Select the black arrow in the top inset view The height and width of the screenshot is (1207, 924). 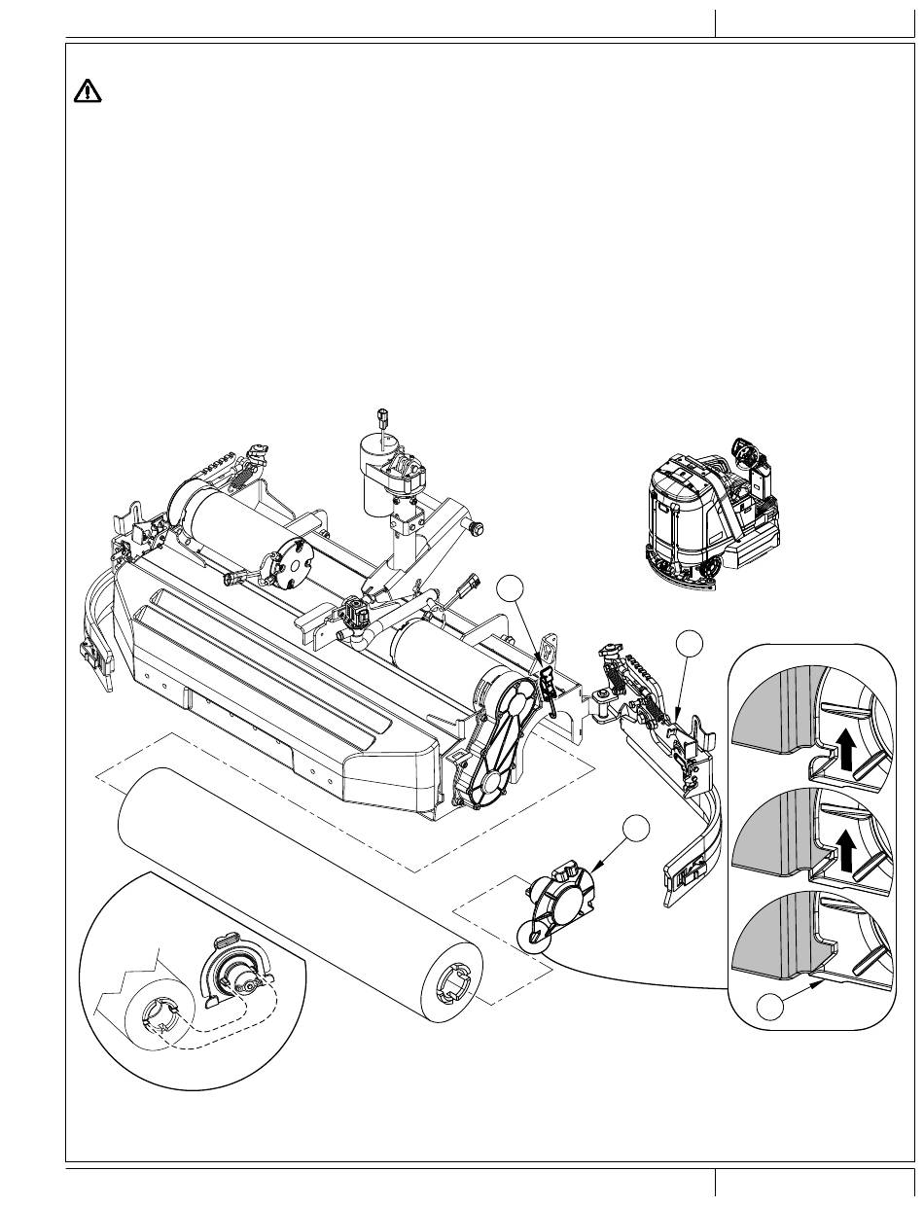click(x=845, y=750)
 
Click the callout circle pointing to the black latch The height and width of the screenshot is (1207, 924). click(x=509, y=589)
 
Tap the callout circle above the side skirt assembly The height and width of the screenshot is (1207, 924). click(x=691, y=642)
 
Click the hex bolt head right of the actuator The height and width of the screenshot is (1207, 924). click(x=476, y=528)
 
